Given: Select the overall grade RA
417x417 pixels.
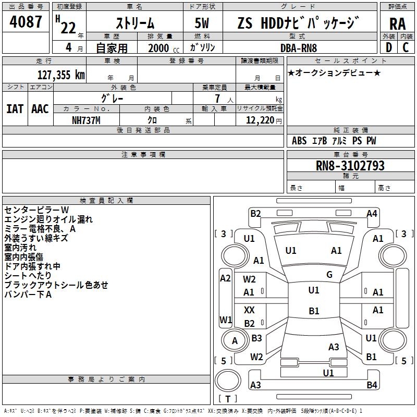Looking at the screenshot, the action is [397, 23].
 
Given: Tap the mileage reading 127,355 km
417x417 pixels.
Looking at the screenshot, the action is [61, 75].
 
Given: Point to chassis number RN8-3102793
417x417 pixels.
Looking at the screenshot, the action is [350, 166].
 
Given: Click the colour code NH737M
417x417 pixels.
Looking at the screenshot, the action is [87, 119].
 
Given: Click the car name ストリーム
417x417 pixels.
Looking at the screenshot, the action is [134, 23].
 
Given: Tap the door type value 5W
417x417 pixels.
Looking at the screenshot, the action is [202, 23].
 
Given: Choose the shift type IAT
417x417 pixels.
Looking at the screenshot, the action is [15, 108].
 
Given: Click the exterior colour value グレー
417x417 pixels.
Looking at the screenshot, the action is [112, 98].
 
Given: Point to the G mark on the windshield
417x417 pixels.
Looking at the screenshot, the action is [329, 275].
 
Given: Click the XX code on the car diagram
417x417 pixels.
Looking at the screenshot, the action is [250, 310].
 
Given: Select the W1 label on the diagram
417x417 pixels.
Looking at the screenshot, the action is [226, 319].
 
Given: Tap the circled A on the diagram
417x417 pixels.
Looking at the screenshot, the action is [235, 341].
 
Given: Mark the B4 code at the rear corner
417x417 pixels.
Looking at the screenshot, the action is [372, 385].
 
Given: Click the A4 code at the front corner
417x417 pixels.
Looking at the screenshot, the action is [372, 213].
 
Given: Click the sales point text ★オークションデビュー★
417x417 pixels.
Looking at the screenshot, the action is [334, 73].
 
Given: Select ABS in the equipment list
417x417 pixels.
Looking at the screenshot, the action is [299, 141].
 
